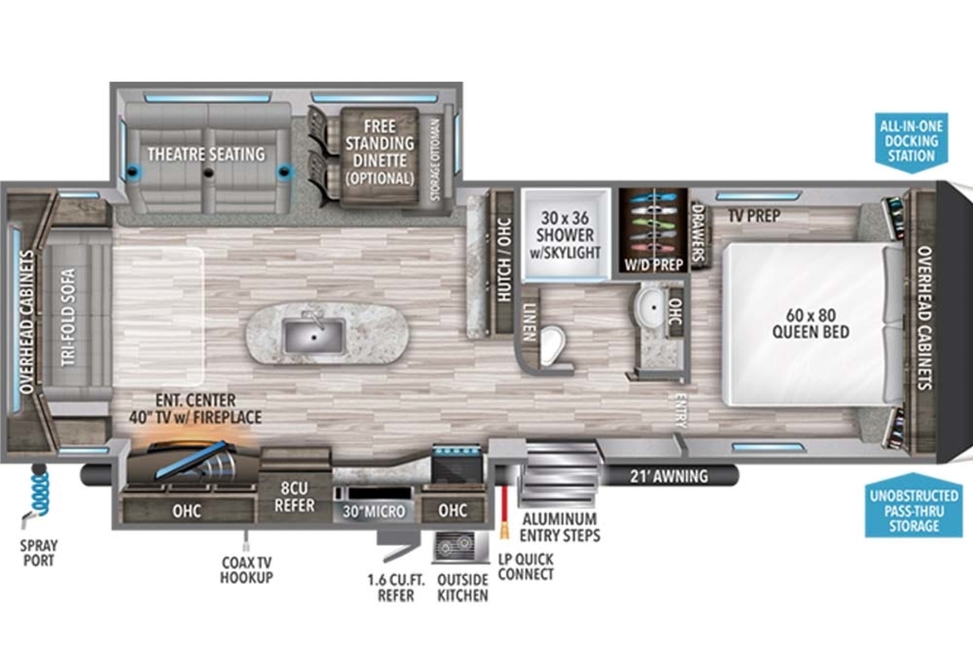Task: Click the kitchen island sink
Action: tap(315, 336)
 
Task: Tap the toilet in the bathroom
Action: tap(551, 346)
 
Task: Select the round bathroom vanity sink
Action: tap(649, 307)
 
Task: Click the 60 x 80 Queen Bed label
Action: tap(811, 324)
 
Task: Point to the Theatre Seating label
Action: tap(206, 154)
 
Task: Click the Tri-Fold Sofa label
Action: tap(69, 318)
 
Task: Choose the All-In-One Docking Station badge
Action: tap(911, 141)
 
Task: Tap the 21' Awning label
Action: tap(670, 476)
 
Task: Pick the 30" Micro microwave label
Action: tap(374, 512)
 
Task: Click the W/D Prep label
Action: tap(654, 264)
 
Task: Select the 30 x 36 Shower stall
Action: tap(565, 234)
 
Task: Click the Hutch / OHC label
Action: tap(504, 260)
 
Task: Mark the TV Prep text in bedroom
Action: tap(755, 216)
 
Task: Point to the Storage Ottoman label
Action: tap(435, 159)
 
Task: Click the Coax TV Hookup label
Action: tap(246, 569)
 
